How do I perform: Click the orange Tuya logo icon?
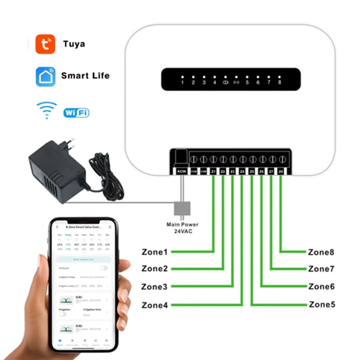[x=45, y=44]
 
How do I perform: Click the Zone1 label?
[x=154, y=252]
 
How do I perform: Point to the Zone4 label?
[x=154, y=305]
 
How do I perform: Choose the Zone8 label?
[x=321, y=252]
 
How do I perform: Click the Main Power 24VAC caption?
[x=182, y=228]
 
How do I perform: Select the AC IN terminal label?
[x=181, y=171]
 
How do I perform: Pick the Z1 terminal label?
[x=213, y=171]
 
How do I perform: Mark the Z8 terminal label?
[x=281, y=171]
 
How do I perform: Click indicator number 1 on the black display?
[x=182, y=83]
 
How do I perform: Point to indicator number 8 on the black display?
[x=279, y=83]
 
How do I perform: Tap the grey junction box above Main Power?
[x=182, y=208]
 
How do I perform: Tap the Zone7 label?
[x=321, y=269]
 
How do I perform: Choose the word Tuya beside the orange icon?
[x=74, y=44]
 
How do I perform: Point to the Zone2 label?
[x=154, y=269]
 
